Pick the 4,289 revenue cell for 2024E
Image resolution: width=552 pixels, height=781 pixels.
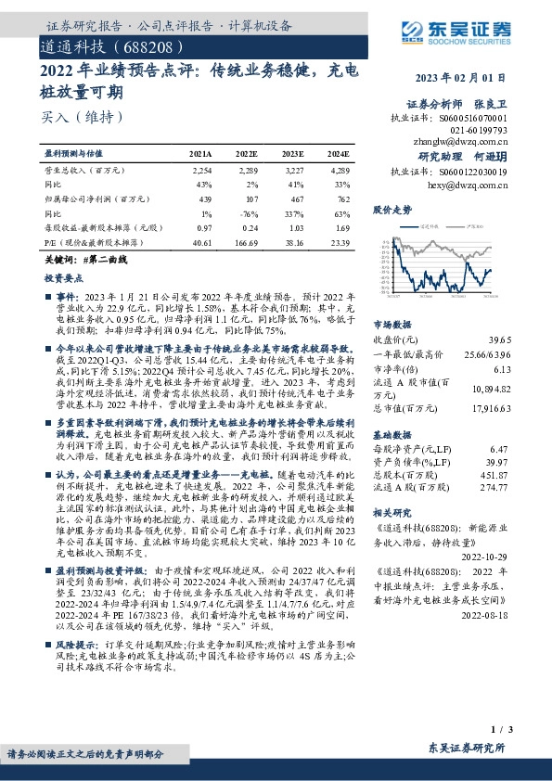point(339,171)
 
